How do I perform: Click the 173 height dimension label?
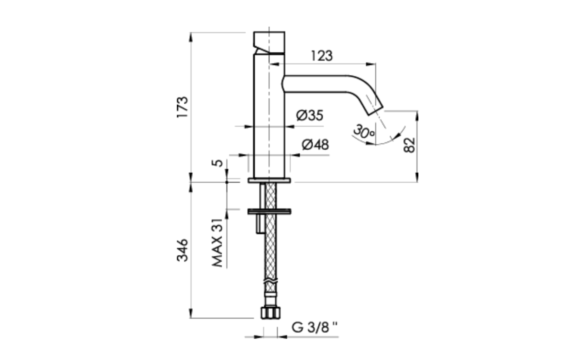182,107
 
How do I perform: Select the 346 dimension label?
182,250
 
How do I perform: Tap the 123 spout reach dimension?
322,56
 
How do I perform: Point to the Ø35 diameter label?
310,115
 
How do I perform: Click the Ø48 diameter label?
315,145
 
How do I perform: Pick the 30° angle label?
364,132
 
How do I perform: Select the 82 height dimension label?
409,145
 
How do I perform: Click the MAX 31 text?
217,243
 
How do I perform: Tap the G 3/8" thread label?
315,327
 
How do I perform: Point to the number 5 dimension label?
217,163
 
